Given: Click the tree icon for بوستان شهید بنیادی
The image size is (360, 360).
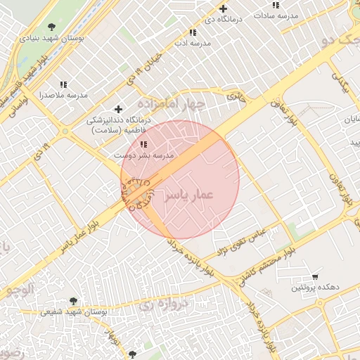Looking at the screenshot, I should [x=51, y=27].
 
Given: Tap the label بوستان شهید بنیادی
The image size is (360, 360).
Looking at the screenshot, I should [x=52, y=39].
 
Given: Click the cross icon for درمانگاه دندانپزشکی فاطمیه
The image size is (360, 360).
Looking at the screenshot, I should [x=118, y=109].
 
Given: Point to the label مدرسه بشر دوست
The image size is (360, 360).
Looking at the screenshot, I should [x=143, y=154].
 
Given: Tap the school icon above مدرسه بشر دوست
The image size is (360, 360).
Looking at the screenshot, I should [x=144, y=143].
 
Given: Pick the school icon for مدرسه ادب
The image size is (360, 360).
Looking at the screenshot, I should [x=193, y=32].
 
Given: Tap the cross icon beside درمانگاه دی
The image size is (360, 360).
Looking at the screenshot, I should [x=223, y=9].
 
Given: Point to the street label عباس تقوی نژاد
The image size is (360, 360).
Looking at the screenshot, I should [x=240, y=241].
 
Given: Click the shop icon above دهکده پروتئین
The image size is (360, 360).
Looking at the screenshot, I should [x=314, y=276].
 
